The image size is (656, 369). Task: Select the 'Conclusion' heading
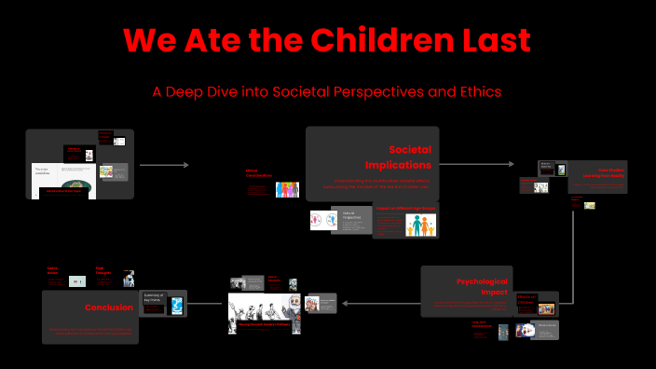108,307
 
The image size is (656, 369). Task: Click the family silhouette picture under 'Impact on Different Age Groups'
420,225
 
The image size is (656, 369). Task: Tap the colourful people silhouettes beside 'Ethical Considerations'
286,189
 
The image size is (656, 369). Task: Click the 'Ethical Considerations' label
258,173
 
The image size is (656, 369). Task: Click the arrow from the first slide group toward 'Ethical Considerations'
163,165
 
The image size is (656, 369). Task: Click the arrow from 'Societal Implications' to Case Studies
475,165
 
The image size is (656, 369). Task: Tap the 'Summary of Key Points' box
154,299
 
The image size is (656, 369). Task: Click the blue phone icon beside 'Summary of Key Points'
176,305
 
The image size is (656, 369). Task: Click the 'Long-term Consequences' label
484,326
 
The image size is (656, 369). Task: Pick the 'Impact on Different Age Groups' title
406,209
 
